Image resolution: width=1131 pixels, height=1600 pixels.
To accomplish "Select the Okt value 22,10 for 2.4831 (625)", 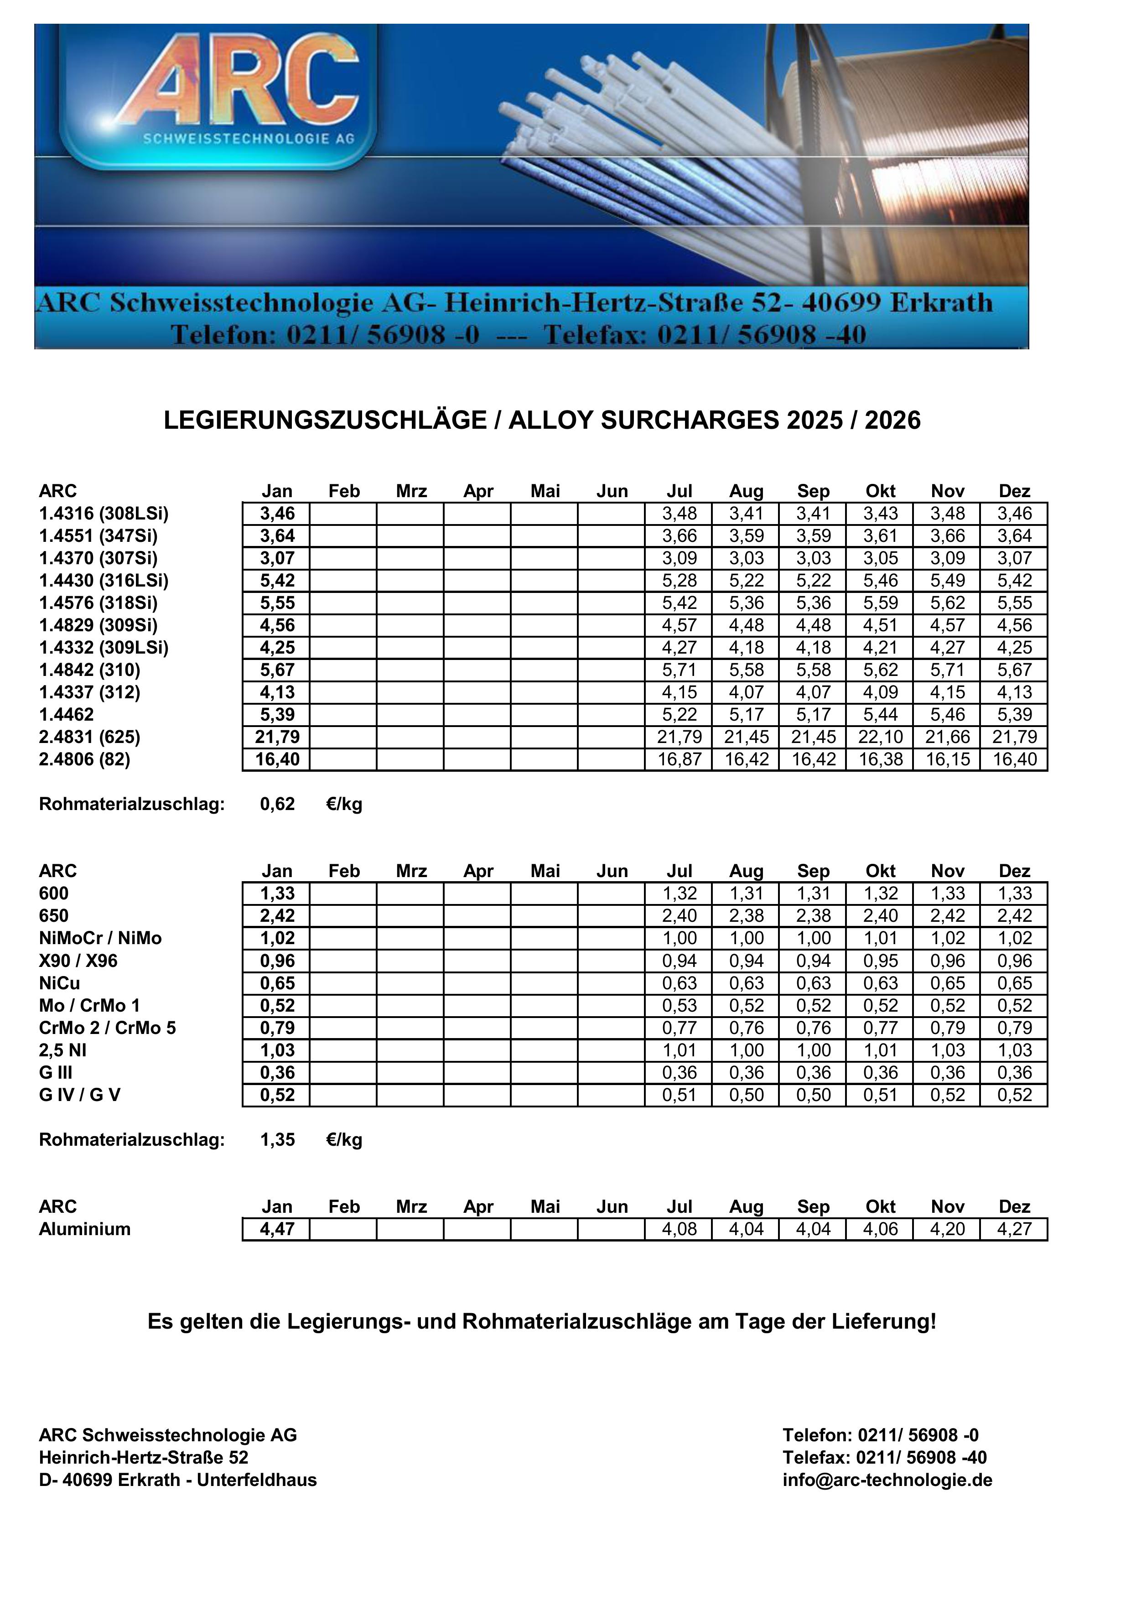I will pos(880,737).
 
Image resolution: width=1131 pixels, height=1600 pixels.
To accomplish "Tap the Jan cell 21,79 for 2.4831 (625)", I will pos(277,737).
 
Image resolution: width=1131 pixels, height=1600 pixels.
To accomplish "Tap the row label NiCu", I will pos(59,983).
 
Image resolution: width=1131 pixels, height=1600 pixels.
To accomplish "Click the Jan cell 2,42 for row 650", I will pos(277,916).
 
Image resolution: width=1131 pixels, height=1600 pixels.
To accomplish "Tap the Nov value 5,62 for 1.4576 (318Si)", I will pos(947,603).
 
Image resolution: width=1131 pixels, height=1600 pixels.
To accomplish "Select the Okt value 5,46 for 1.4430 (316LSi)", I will pos(880,581).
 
